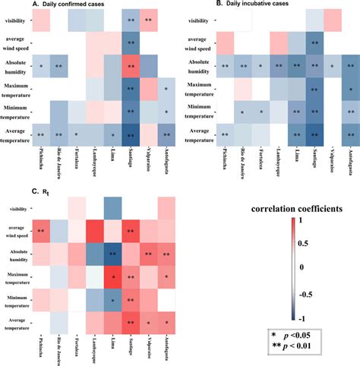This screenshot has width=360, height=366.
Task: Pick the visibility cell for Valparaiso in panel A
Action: pos(150,21)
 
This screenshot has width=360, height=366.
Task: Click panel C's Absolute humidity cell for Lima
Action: pos(112,255)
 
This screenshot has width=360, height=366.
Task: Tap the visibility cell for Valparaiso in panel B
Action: pos(333,21)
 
